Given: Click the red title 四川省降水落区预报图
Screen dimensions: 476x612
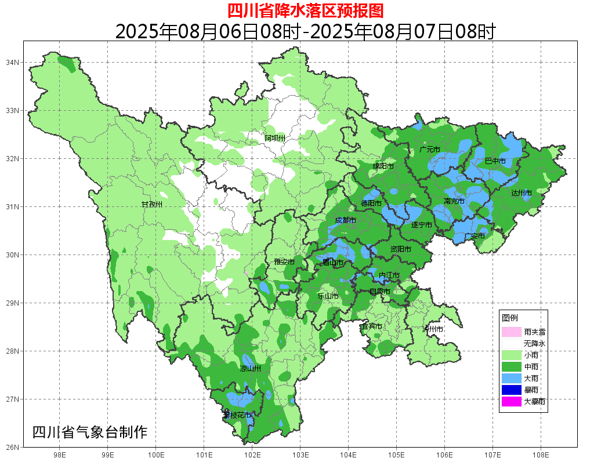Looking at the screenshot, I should pyautogui.click(x=305, y=10).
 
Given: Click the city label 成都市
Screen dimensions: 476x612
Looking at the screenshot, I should pyautogui.click(x=345, y=220).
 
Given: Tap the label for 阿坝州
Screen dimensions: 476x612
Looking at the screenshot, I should pyautogui.click(x=275, y=138).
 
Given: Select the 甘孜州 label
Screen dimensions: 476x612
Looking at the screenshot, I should pyautogui.click(x=152, y=205).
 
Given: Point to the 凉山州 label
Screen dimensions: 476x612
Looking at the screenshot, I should pyautogui.click(x=251, y=369).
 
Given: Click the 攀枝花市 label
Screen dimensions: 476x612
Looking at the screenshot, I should pyautogui.click(x=237, y=415).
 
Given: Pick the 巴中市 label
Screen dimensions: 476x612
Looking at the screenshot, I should pyautogui.click(x=495, y=161).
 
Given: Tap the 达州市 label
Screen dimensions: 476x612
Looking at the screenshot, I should pyautogui.click(x=521, y=192).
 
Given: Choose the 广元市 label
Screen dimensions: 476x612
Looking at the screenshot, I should pyautogui.click(x=429, y=150).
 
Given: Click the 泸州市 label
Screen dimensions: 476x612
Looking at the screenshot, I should pyautogui.click(x=433, y=329).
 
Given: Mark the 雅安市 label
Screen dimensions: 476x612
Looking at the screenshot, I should pyautogui.click(x=284, y=262).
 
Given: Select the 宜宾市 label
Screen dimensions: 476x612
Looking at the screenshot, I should pyautogui.click(x=371, y=326).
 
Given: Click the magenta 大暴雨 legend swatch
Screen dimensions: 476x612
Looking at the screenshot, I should pyautogui.click(x=512, y=401).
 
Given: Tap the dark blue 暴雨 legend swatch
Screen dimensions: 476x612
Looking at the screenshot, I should pyautogui.click(x=512, y=390).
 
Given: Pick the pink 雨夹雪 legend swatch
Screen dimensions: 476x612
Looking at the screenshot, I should pyautogui.click(x=512, y=332).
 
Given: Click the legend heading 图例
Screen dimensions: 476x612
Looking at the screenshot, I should pyautogui.click(x=510, y=318).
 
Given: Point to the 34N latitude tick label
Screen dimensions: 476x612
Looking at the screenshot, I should pyautogui.click(x=13, y=62).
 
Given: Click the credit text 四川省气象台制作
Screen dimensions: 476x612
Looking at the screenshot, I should pyautogui.click(x=90, y=432).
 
